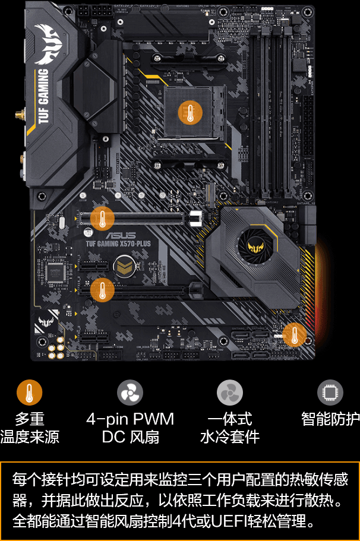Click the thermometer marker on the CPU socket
coord(190,112)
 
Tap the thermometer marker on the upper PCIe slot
coord(102,219)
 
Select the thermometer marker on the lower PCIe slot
coord(102,290)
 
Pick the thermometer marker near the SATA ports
coord(294,334)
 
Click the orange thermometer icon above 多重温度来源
coord(29,393)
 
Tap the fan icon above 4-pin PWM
coord(130,393)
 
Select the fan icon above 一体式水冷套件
coord(230,393)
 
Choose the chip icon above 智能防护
coord(330,393)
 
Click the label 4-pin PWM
coord(130,419)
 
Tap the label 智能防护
coord(330,419)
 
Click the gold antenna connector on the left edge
coord(20,113)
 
